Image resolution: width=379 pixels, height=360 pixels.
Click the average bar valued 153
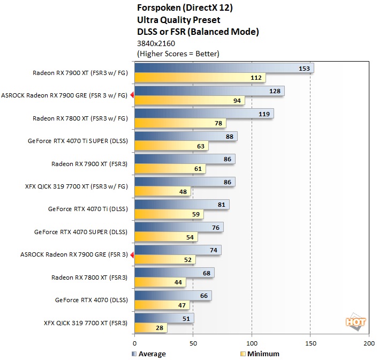224,68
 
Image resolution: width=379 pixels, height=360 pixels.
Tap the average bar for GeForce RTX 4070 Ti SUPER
186,136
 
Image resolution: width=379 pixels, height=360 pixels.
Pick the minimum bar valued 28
151,328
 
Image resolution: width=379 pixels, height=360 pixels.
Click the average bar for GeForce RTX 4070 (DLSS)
173,295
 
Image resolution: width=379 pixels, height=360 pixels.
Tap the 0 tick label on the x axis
135,342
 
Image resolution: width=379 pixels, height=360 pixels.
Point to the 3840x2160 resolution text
156,43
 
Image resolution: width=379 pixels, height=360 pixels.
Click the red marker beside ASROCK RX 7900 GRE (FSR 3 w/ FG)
132,95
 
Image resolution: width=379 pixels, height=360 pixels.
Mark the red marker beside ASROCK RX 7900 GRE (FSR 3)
132,254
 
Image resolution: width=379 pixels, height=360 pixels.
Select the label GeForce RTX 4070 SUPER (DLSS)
81,232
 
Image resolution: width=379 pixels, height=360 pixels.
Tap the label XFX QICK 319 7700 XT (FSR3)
86,323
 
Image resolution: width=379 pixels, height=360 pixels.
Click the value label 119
264,114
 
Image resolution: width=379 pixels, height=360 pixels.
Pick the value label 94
236,100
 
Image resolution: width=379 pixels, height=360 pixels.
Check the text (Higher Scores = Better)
178,54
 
